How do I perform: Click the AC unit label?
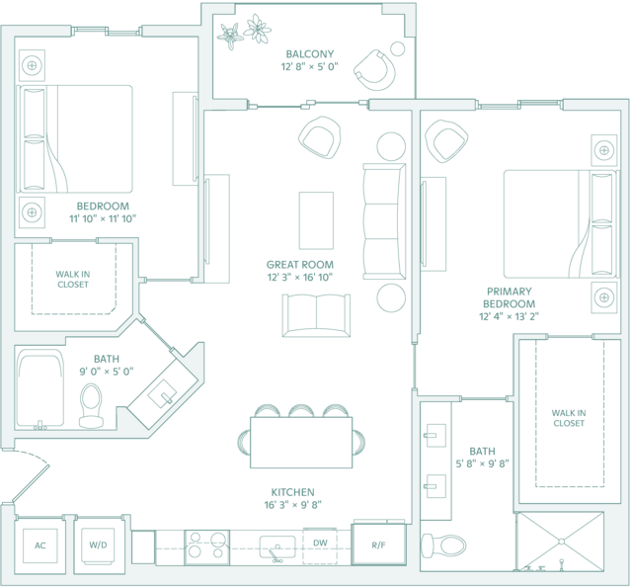(x=40, y=545)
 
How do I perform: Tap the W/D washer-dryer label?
(x=98, y=545)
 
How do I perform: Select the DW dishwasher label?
(x=320, y=543)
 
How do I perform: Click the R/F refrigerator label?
(x=378, y=545)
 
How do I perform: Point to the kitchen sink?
(x=277, y=547)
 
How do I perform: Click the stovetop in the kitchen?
(x=206, y=547)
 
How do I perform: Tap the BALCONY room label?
(x=310, y=54)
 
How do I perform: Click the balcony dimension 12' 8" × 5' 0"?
(x=309, y=66)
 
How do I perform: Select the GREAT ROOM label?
(x=300, y=265)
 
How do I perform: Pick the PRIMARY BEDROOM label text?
(x=510, y=297)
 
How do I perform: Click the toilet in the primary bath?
(x=443, y=545)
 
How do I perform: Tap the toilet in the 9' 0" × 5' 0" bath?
(x=91, y=405)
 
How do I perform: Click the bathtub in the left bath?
(x=39, y=388)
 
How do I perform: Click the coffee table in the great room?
(x=316, y=220)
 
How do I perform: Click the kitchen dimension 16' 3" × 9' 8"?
(x=292, y=504)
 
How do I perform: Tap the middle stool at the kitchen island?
(x=301, y=411)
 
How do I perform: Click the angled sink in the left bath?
(x=162, y=394)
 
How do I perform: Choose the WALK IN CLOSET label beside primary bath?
(x=569, y=418)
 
